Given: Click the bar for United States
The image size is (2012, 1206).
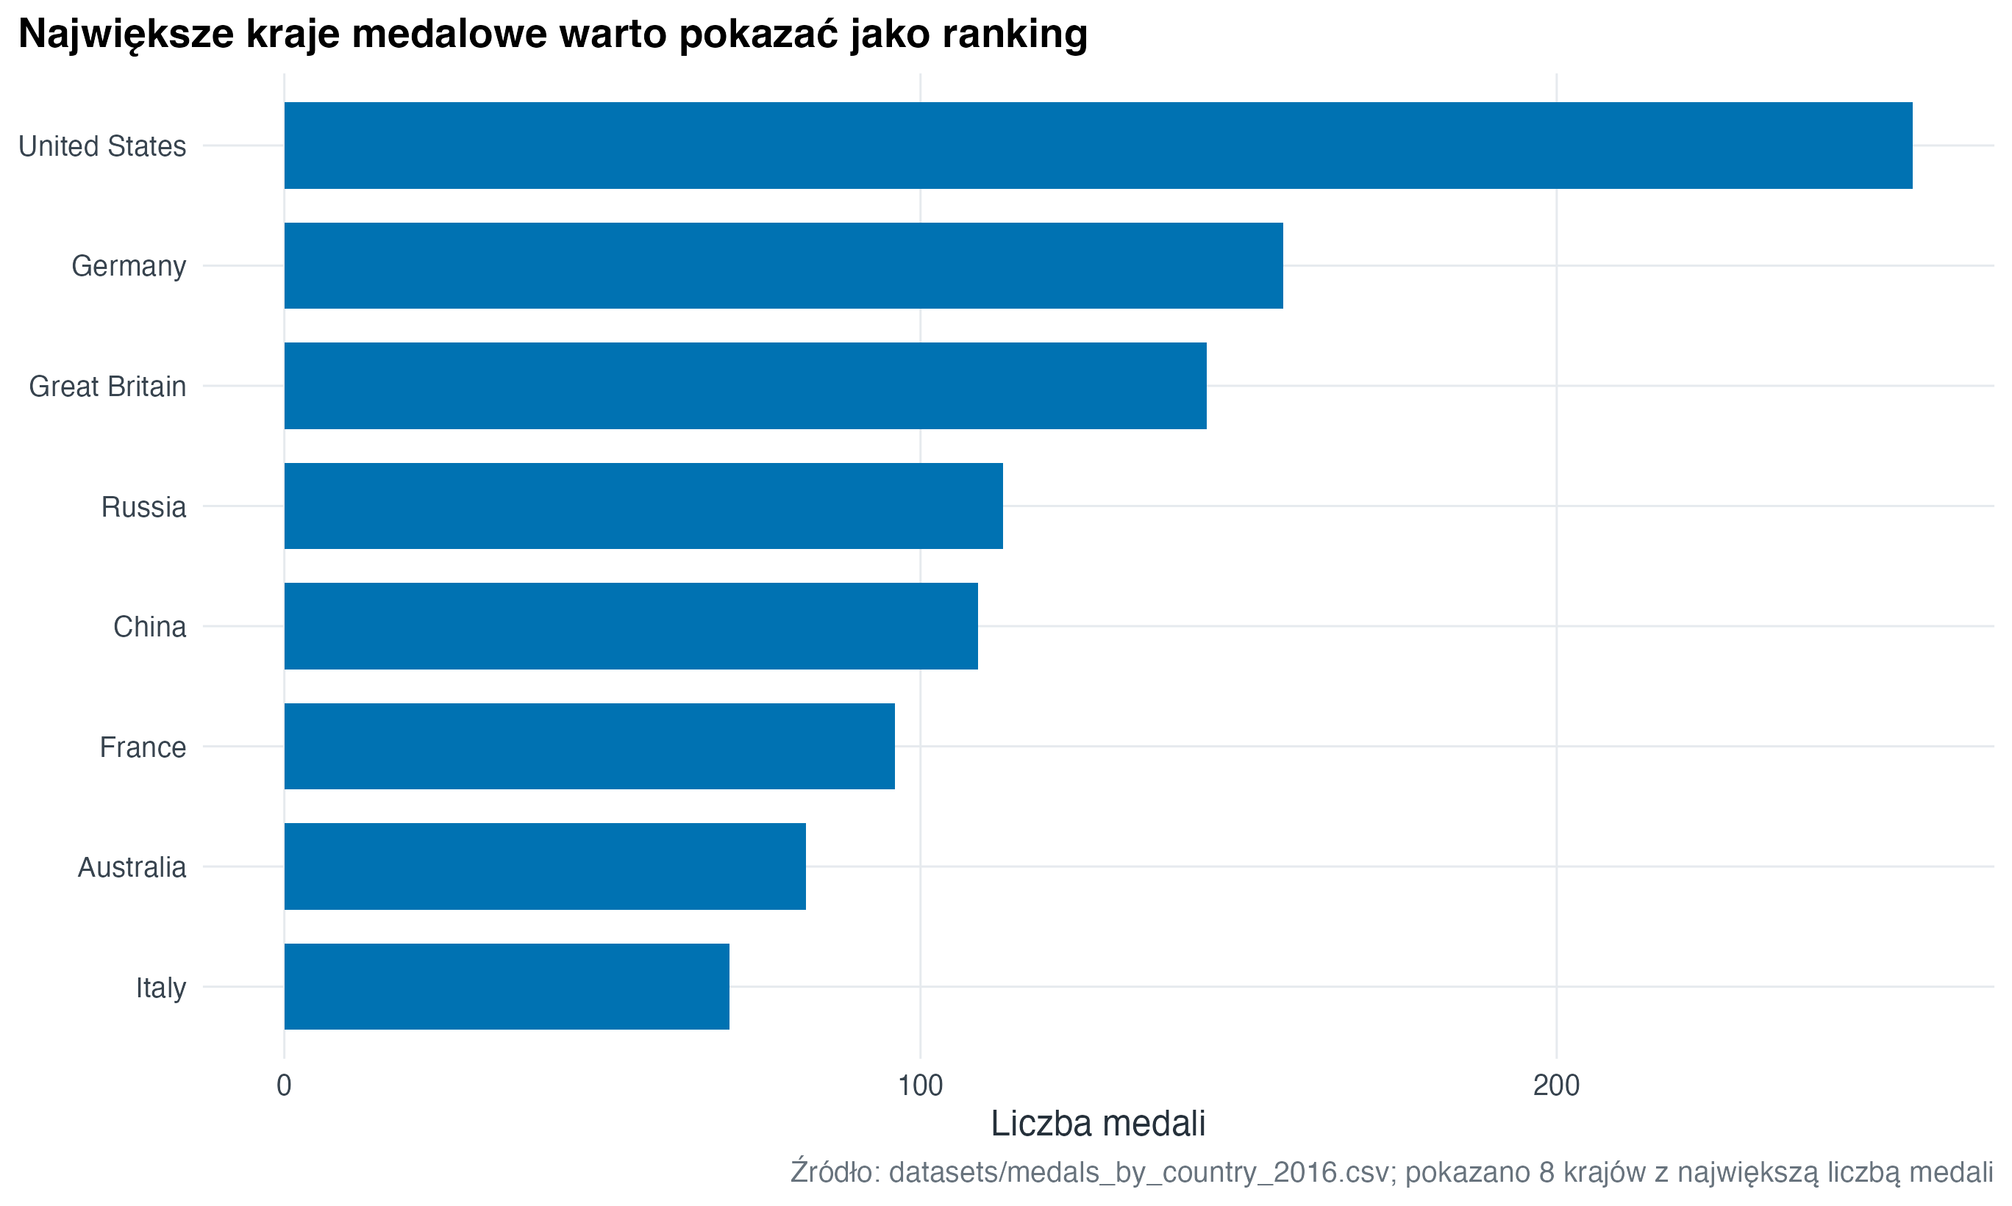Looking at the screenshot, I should click(x=1097, y=146).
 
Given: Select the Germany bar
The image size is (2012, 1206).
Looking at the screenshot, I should click(x=783, y=266).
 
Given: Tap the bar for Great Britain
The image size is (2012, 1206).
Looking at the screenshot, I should click(x=745, y=386).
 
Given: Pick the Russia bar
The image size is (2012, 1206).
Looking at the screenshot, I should click(x=643, y=506).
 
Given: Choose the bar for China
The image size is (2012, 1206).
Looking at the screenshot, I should click(x=630, y=625).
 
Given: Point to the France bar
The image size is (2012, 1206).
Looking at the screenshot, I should click(x=589, y=746).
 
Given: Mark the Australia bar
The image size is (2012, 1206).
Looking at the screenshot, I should click(x=545, y=866).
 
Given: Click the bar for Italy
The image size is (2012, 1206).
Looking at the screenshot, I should click(x=507, y=986).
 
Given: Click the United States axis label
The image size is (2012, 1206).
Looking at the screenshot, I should click(x=102, y=146).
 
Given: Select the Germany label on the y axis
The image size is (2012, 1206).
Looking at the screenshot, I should click(x=129, y=267).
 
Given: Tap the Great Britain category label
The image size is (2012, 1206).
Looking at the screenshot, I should click(x=107, y=387).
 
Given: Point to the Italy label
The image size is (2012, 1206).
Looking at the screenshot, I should click(x=161, y=988).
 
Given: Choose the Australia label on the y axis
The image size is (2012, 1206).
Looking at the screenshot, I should click(x=132, y=868).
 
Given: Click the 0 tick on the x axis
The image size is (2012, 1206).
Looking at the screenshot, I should click(x=284, y=1085).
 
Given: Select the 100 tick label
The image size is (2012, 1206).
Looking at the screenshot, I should click(x=920, y=1085).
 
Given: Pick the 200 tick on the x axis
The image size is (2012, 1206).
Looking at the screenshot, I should click(x=1556, y=1085).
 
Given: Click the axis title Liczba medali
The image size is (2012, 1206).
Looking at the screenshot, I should click(x=1097, y=1124).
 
